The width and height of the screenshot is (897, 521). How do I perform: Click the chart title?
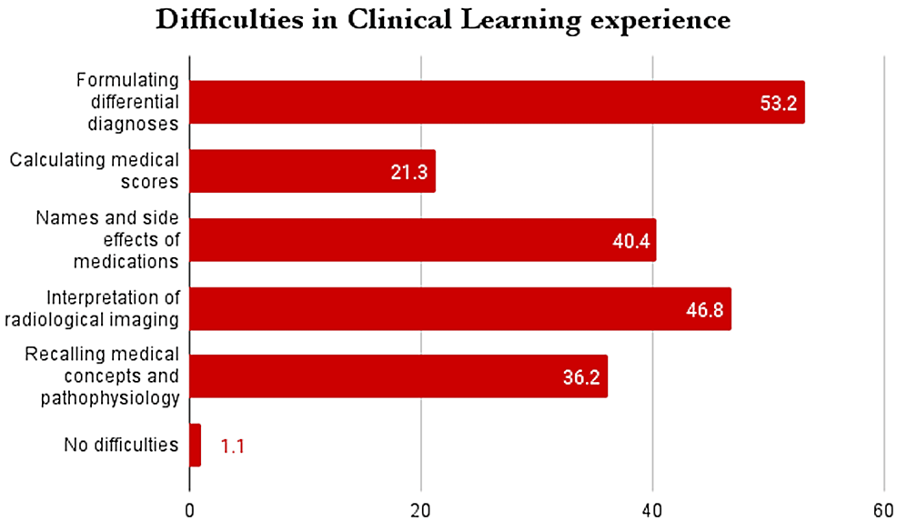(443, 20)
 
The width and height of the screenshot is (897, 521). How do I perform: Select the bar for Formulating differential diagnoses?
(496, 102)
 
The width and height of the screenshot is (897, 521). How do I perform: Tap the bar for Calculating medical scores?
(312, 171)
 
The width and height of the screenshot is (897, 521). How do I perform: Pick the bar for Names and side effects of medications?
(422, 240)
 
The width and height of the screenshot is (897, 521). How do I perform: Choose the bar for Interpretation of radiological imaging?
(459, 309)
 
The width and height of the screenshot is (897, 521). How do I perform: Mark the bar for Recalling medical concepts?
(398, 376)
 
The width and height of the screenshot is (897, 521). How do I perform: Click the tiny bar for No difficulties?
(195, 446)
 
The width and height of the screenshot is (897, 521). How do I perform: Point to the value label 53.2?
(778, 104)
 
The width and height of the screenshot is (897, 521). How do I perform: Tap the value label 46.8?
(704, 310)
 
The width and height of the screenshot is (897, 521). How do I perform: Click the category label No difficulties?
(121, 446)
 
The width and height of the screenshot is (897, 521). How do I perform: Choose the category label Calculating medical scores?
(95, 171)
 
